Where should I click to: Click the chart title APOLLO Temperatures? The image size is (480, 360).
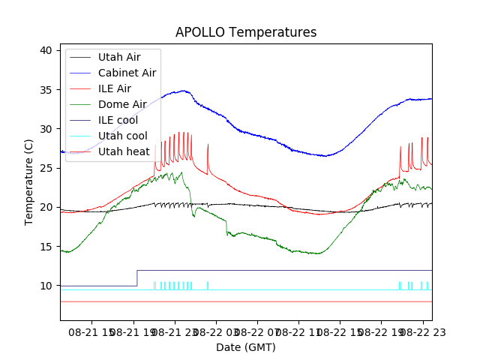tap(246, 33)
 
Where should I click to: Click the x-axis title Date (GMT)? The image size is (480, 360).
tap(246, 347)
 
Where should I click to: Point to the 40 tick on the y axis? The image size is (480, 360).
tap(46, 50)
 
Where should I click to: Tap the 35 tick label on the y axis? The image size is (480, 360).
tap(46, 90)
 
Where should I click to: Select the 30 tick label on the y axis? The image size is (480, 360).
tap(46, 129)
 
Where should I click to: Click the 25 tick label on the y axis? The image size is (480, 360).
tap(46, 168)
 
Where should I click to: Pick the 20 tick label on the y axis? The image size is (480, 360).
tap(46, 207)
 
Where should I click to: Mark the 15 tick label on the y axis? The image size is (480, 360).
tap(46, 247)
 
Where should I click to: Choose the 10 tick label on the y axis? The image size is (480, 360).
tap(46, 286)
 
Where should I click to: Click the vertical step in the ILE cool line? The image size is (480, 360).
tap(136, 277)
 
